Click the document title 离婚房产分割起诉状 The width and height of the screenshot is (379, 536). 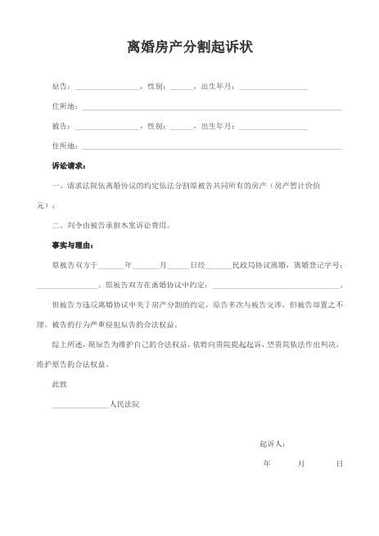(189, 47)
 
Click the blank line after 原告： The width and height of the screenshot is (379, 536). (108, 86)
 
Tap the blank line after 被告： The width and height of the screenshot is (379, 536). (108, 126)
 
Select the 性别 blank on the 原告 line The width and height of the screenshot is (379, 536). (182, 86)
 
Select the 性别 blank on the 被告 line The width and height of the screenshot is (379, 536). (182, 126)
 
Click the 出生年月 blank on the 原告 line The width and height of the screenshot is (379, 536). (273, 86)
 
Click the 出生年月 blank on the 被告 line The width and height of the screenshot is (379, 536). (273, 126)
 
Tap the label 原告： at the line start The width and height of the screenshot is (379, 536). (61, 86)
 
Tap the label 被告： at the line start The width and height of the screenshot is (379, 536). (61, 126)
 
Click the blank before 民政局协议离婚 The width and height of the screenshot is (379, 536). (219, 266)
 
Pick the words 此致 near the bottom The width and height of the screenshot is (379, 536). (59, 384)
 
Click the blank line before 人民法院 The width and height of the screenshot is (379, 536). (79, 404)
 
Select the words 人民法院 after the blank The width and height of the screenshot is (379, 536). (124, 404)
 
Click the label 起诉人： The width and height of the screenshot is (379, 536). (272, 444)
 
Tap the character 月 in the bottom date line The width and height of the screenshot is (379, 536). (301, 464)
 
